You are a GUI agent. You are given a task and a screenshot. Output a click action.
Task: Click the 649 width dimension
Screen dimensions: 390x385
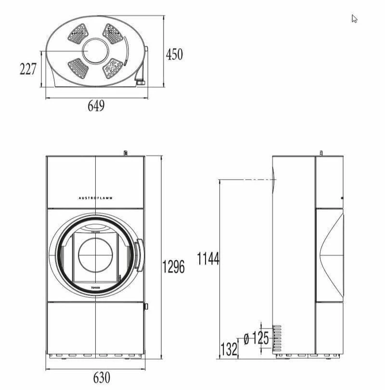pyautogui.click(x=96, y=106)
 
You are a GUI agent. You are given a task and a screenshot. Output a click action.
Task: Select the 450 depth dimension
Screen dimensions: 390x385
pyautogui.click(x=174, y=54)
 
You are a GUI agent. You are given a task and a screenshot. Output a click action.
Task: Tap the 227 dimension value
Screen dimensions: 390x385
pyautogui.click(x=28, y=69)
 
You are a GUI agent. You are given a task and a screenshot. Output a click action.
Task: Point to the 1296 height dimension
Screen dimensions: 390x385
pyautogui.click(x=173, y=266)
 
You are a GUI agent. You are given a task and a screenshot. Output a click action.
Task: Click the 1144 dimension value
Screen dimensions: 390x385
pyautogui.click(x=208, y=259)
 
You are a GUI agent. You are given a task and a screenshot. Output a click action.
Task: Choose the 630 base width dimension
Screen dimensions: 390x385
pyautogui.click(x=102, y=377)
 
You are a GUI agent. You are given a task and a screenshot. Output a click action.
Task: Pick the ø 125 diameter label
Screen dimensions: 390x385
pyautogui.click(x=256, y=338)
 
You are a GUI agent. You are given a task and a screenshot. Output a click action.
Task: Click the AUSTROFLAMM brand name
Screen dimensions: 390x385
pyautogui.click(x=96, y=197)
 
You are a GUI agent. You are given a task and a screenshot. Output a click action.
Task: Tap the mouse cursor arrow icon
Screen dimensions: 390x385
pyautogui.click(x=354, y=19)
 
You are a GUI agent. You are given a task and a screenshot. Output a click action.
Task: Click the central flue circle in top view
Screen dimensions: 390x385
pyautogui.click(x=96, y=51)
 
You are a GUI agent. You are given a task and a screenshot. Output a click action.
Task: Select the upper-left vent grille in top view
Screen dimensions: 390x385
pyautogui.click(x=78, y=34)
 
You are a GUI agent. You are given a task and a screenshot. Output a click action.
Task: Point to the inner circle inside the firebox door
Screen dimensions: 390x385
pyautogui.click(x=95, y=254)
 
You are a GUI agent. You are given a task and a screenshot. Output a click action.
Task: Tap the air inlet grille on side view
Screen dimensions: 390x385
pyautogui.click(x=277, y=339)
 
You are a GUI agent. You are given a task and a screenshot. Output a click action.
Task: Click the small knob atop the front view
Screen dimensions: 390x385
pyautogui.click(x=125, y=153)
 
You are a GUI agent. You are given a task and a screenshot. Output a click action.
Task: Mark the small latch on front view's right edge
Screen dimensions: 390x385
pyautogui.click(x=146, y=306)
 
